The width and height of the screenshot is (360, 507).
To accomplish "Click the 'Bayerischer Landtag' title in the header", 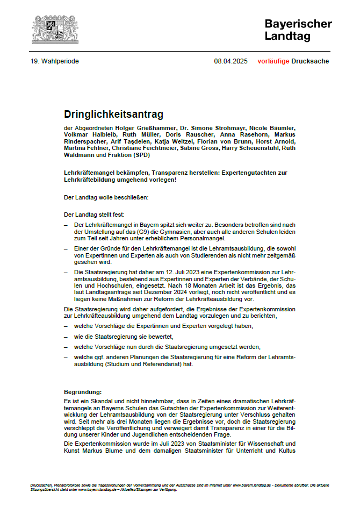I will tap(298, 30).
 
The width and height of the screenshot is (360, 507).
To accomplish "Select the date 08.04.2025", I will tap(231, 61).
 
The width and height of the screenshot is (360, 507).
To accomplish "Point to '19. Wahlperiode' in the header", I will tap(55, 61).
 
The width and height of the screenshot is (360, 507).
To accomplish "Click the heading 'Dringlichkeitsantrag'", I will tap(113, 115).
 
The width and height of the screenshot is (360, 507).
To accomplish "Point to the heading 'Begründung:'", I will tap(82, 392).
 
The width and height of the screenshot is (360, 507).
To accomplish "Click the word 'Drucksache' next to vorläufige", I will tap(310, 61).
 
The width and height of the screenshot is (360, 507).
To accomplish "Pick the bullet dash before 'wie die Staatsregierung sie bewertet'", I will tap(66, 336).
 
